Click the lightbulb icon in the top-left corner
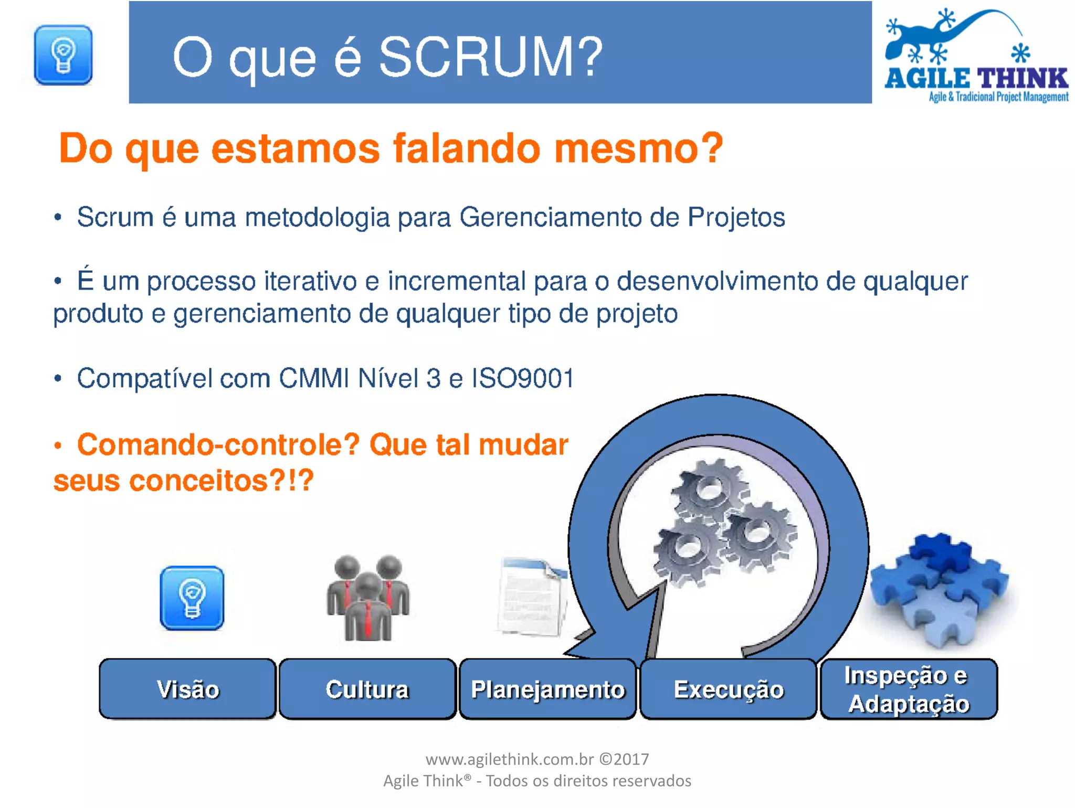click(63, 55)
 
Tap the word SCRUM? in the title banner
click(491, 57)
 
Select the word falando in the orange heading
click(467, 148)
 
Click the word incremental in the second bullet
click(456, 281)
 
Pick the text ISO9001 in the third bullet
click(523, 378)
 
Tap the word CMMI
click(313, 378)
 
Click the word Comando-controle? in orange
click(218, 445)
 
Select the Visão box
click(187, 689)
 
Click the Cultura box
click(367, 689)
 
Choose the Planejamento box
click(547, 689)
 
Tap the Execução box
click(728, 689)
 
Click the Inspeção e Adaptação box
click(908, 689)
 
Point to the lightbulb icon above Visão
click(192, 598)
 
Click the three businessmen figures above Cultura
click(368, 598)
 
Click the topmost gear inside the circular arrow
click(709, 491)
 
